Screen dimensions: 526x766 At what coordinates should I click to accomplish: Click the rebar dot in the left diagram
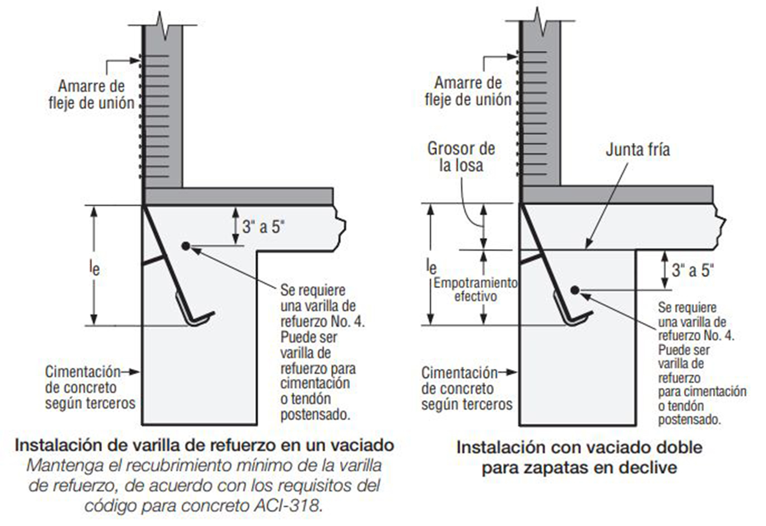pos(185,246)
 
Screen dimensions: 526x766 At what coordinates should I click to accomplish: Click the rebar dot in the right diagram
pos(575,290)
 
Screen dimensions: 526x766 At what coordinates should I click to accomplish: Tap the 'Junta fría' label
pos(637,149)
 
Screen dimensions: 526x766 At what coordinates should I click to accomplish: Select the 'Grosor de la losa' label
pos(460,157)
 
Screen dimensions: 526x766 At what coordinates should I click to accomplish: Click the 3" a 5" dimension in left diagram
pos(263,227)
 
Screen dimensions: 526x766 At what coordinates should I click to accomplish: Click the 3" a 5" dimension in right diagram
pos(693,270)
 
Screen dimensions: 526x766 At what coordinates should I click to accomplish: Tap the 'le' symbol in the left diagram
pos(94,267)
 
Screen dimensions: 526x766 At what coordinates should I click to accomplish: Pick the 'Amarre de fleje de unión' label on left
pos(91,94)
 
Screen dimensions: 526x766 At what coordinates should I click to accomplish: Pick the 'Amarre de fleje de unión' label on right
pos(467,91)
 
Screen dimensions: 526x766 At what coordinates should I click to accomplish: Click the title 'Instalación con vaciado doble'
pos(579,447)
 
